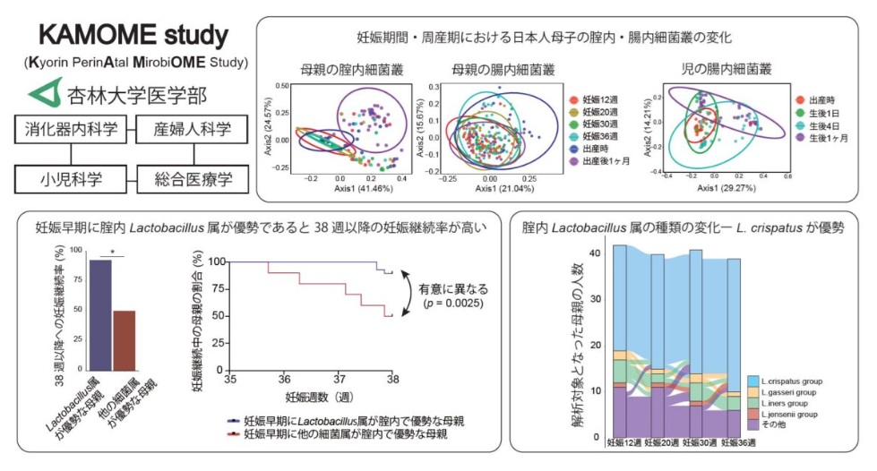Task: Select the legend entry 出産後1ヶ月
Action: tap(606, 160)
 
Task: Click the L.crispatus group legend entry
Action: tap(789, 381)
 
